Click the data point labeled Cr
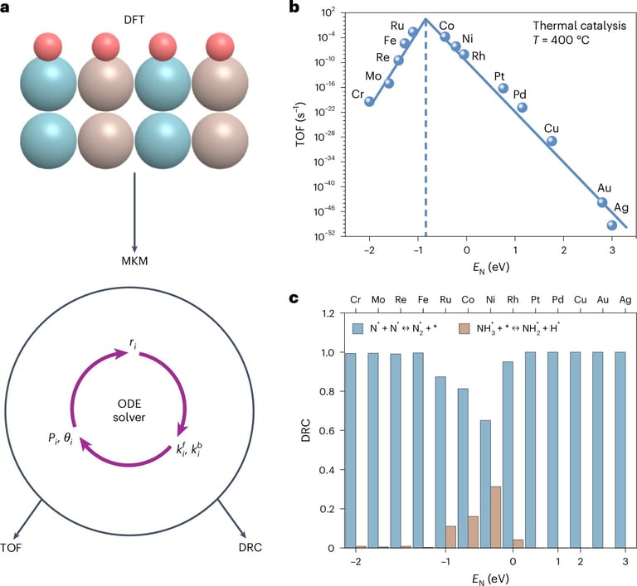(369, 102)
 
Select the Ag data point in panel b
(612, 225)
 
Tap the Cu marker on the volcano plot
(552, 141)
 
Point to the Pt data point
(503, 88)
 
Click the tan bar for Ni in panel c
(496, 517)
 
